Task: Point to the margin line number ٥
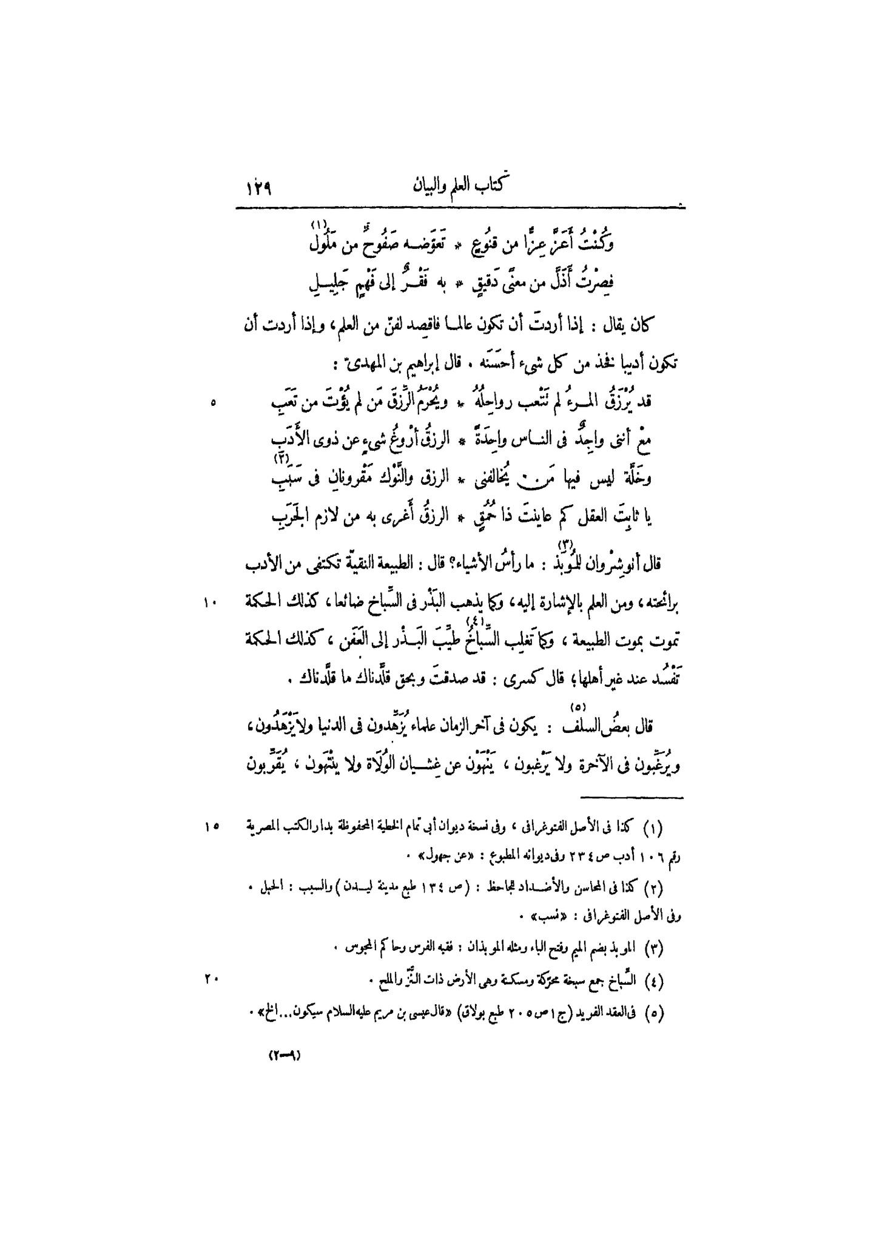214,402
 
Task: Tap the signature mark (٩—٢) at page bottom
285,1055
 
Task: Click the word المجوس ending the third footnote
360,947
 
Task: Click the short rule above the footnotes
631,797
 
